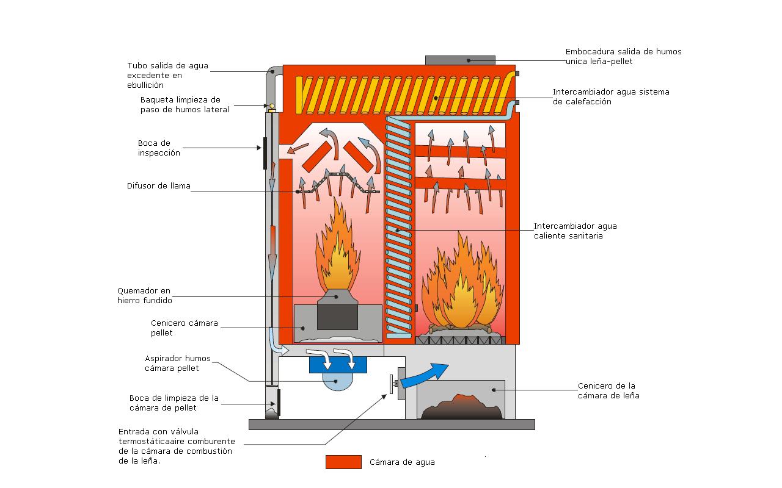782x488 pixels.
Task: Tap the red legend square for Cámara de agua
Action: point(343,462)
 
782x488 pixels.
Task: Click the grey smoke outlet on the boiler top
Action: point(459,60)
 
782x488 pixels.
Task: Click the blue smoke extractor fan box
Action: point(338,365)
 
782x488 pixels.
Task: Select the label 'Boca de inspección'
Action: point(159,148)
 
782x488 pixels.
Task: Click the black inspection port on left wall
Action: point(265,153)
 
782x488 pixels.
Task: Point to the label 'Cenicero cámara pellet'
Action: point(184,328)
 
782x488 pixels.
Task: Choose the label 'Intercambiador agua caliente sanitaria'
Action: point(575,231)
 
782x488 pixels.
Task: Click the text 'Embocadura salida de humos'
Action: point(623,52)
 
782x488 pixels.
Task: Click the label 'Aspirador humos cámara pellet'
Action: point(172,363)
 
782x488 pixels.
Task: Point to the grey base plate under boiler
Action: point(391,424)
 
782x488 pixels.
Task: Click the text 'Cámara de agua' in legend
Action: point(402,462)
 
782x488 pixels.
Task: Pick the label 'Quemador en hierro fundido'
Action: point(144,295)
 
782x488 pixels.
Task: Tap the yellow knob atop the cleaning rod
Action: point(272,106)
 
